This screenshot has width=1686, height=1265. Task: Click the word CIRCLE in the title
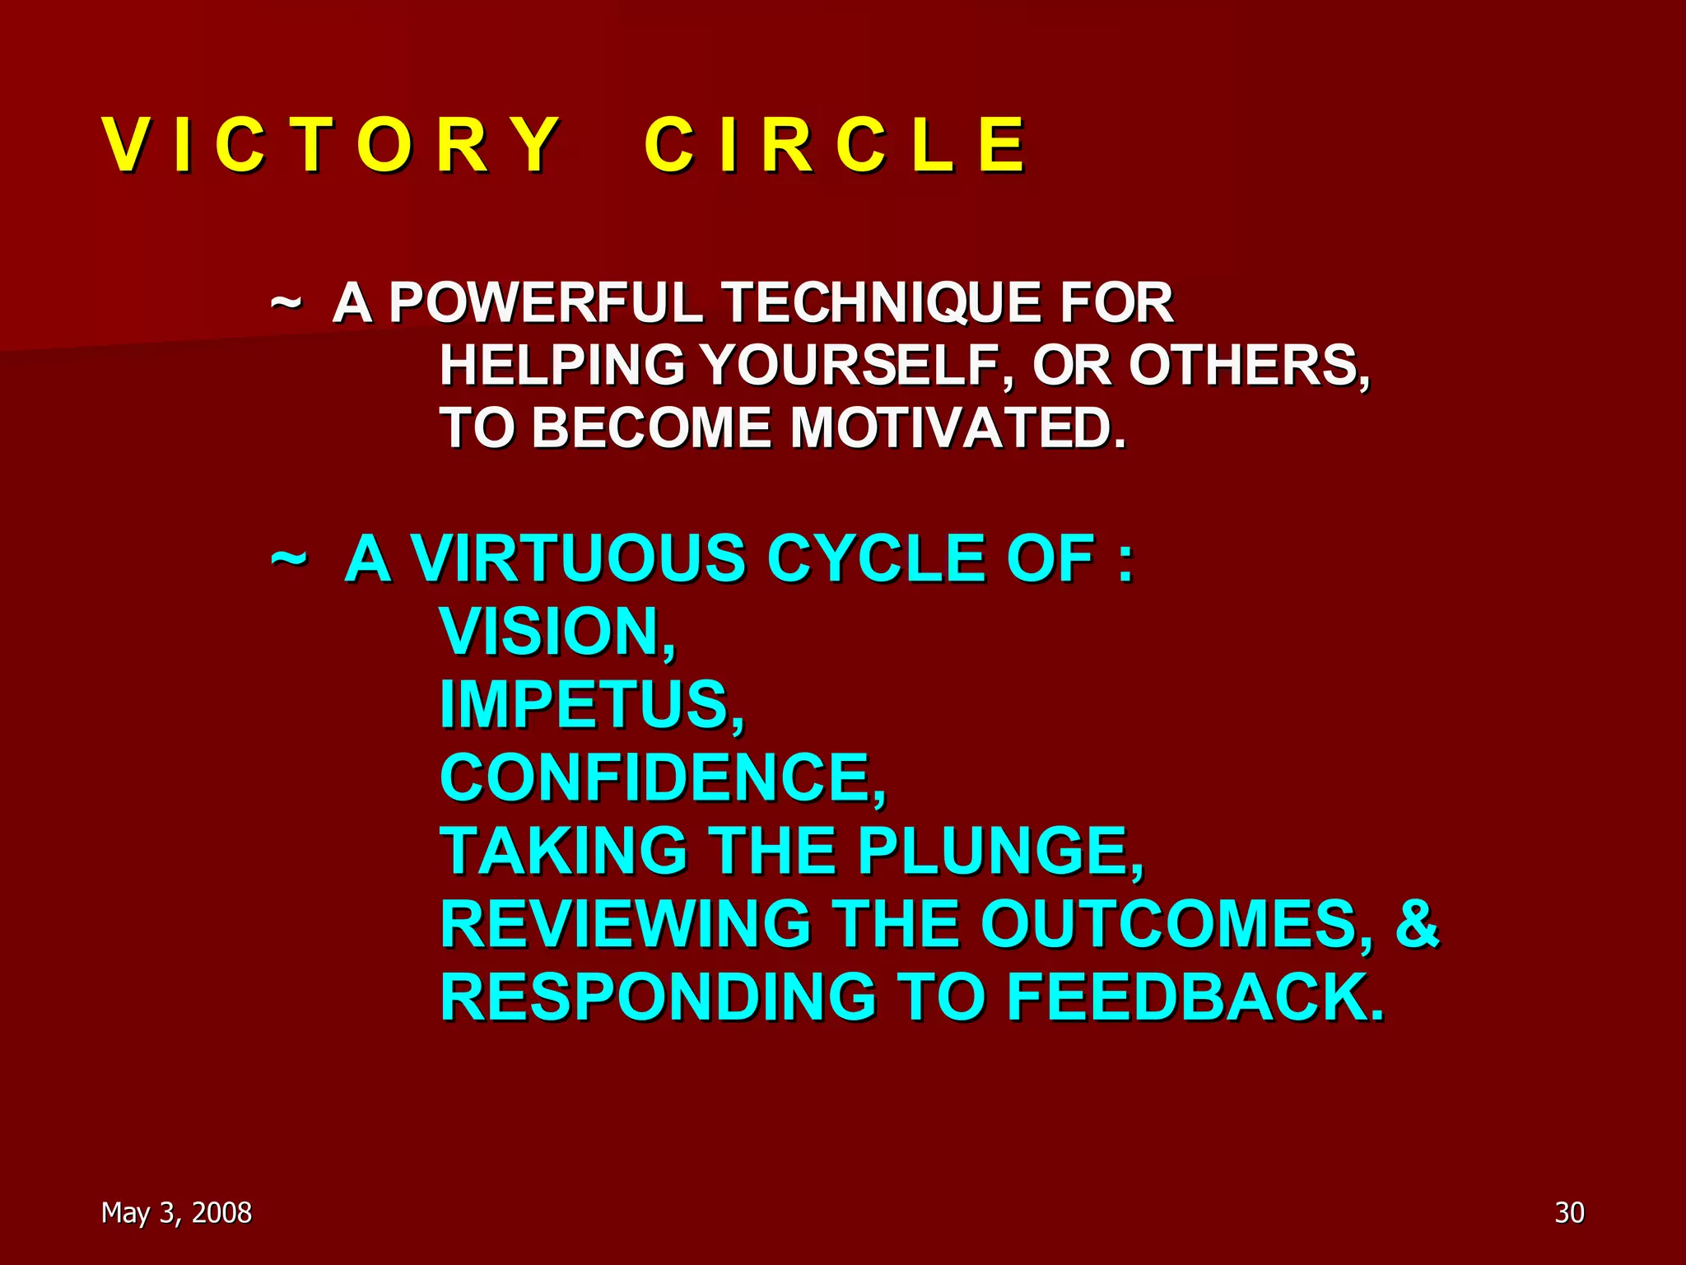click(835, 145)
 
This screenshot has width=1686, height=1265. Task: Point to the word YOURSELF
click(856, 365)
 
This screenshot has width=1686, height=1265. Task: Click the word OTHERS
click(1247, 365)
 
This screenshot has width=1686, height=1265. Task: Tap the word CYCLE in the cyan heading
click(878, 558)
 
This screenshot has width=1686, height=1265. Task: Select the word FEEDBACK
click(1194, 997)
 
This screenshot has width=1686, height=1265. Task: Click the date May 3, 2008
click(176, 1212)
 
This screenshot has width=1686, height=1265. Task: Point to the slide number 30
click(1569, 1212)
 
